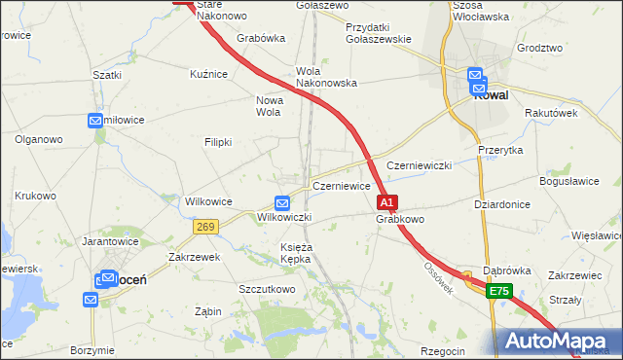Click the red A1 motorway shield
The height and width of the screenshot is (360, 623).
click(x=386, y=202)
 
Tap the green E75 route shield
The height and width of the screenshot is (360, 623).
click(x=499, y=291)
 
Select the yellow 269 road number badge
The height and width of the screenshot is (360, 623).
click(x=204, y=227)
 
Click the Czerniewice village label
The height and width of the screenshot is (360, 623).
click(x=341, y=186)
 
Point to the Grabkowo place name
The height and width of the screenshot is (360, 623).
click(x=400, y=220)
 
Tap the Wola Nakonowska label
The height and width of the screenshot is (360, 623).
click(x=326, y=78)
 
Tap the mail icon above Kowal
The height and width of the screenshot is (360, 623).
click(x=475, y=75)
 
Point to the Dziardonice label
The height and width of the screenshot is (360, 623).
click(x=501, y=204)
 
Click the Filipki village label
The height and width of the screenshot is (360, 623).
click(x=218, y=142)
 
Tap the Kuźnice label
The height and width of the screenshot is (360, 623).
click(x=209, y=73)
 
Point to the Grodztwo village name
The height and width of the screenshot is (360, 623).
click(x=540, y=48)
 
